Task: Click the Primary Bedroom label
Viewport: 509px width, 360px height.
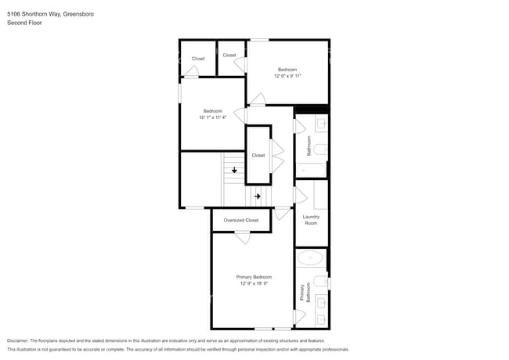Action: (x=254, y=277)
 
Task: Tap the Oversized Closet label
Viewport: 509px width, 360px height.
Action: (x=241, y=220)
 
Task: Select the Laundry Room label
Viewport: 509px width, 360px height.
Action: (x=311, y=220)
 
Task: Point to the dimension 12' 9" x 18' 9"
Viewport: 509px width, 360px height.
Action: (x=254, y=283)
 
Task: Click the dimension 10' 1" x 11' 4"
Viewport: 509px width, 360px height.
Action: (x=213, y=117)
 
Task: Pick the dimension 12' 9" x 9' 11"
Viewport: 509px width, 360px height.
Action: (x=287, y=76)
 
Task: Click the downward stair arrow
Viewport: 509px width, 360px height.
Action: (x=234, y=170)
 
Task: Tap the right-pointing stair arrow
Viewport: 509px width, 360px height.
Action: (x=258, y=196)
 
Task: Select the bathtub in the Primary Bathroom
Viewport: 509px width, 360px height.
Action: (x=310, y=258)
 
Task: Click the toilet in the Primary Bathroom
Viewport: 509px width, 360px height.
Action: (x=321, y=282)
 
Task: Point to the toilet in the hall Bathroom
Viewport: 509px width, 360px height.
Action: (x=321, y=149)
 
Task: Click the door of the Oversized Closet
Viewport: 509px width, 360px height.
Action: (x=243, y=237)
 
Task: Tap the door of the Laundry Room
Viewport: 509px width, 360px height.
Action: (x=300, y=195)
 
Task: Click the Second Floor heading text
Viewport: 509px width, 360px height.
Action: (x=25, y=23)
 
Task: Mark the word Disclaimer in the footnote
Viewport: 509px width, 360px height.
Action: (x=18, y=340)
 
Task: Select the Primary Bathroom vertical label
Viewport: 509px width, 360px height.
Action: (x=305, y=292)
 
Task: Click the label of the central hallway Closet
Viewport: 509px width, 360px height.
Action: (x=258, y=156)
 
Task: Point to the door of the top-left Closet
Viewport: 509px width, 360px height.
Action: (x=191, y=71)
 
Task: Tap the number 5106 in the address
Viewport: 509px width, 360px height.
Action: (x=13, y=14)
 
